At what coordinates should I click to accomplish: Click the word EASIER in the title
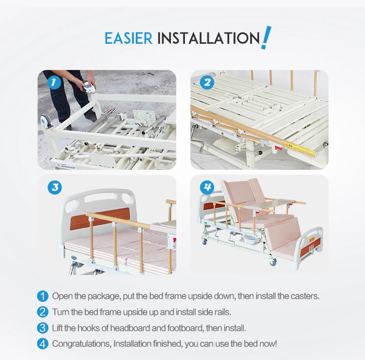pyautogui.click(x=128, y=38)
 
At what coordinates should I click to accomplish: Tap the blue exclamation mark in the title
pyautogui.click(x=266, y=37)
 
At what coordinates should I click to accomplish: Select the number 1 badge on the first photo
pyautogui.click(x=54, y=82)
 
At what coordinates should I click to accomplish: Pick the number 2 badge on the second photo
pyautogui.click(x=207, y=82)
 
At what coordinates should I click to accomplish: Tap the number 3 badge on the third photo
pyautogui.click(x=55, y=187)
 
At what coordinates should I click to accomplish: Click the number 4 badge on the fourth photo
pyautogui.click(x=207, y=187)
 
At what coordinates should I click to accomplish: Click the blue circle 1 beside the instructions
pyautogui.click(x=43, y=296)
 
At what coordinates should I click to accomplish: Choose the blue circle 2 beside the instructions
pyautogui.click(x=43, y=312)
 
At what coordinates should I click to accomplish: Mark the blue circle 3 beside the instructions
pyautogui.click(x=43, y=328)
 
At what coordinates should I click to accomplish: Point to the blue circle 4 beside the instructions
pyautogui.click(x=43, y=344)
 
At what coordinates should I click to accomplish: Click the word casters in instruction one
pyautogui.click(x=305, y=296)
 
